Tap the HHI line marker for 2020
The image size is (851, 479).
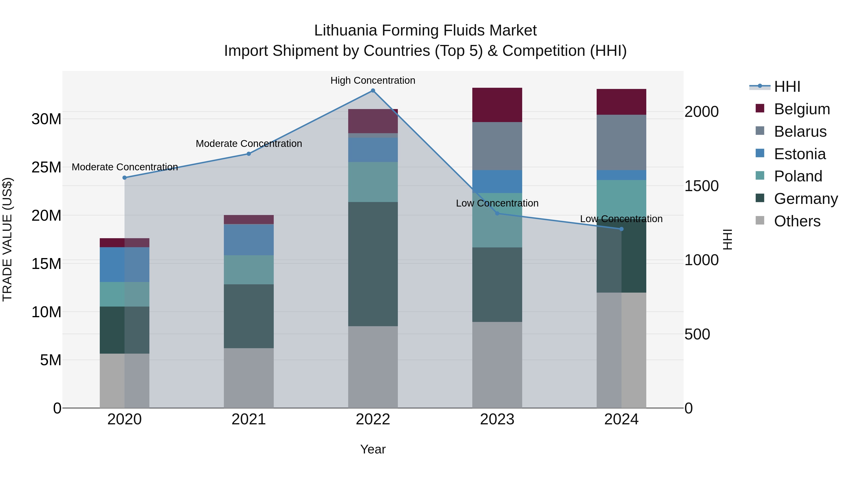tap(125, 177)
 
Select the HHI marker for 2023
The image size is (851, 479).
tap(497, 213)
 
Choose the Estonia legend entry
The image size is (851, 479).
tap(799, 154)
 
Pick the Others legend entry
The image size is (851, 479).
tap(797, 221)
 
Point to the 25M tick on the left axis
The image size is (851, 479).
tap(46, 167)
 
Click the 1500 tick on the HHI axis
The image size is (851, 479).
tap(701, 186)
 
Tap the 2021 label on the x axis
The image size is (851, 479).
tap(248, 419)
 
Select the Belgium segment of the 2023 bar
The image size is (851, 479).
tap(497, 105)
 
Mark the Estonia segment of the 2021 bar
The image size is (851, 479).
tap(248, 240)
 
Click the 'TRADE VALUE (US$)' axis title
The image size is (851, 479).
tap(7, 239)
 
